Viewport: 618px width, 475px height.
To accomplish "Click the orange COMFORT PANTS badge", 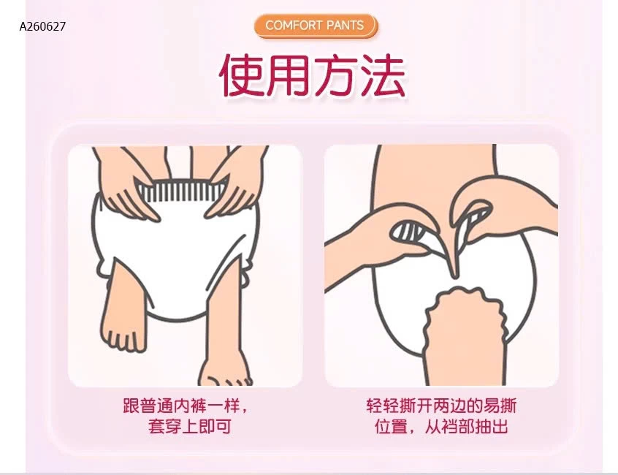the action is (315, 26).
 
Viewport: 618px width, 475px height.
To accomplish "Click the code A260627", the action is (42, 26).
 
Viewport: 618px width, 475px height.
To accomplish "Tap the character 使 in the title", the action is (242, 75).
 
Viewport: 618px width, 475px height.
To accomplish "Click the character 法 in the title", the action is (382, 75).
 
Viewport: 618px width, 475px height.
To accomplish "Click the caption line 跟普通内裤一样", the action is (185, 406).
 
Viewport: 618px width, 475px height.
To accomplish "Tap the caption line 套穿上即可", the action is (190, 427).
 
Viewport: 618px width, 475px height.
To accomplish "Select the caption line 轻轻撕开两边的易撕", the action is (441, 406).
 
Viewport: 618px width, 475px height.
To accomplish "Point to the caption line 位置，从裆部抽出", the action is (441, 427).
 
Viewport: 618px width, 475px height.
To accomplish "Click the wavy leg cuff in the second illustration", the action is (465, 311).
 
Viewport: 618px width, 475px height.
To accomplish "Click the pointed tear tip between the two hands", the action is (455, 275).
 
